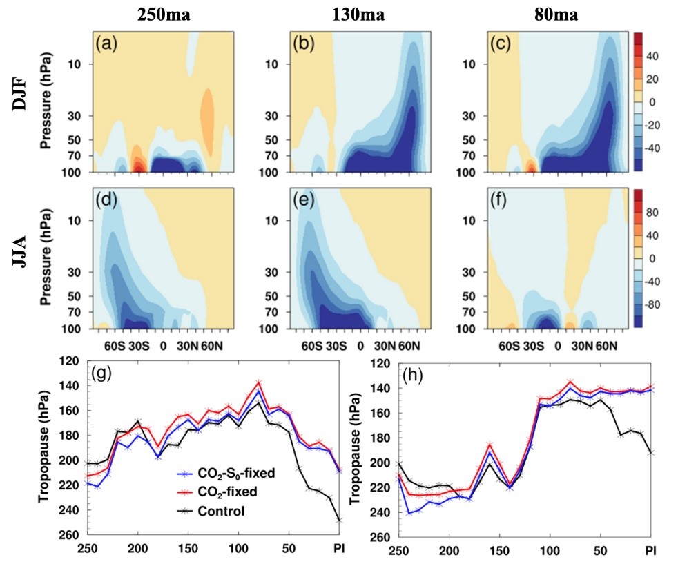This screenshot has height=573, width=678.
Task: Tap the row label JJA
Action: click(x=23, y=258)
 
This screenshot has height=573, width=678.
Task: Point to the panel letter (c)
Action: click(x=501, y=46)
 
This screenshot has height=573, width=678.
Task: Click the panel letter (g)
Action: click(x=102, y=377)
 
